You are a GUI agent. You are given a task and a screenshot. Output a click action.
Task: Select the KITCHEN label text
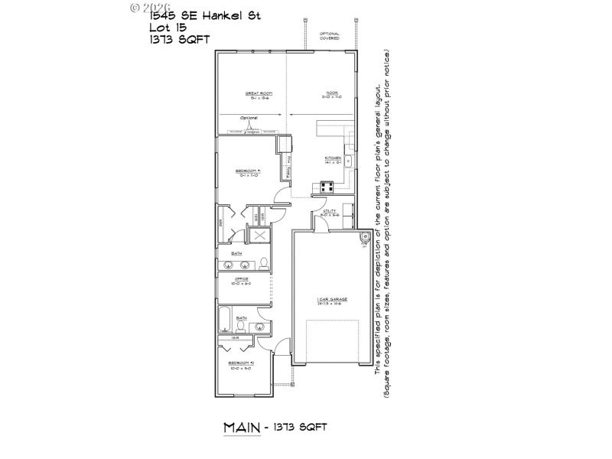pyautogui.click(x=332, y=159)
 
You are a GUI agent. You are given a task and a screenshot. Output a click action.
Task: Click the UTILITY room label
pyautogui.click(x=330, y=212)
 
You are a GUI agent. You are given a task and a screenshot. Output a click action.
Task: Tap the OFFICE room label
pyautogui.click(x=242, y=280)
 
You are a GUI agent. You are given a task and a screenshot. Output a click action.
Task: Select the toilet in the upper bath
pyautogui.click(x=264, y=264)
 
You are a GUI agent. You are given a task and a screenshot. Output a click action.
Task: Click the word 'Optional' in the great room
pyautogui.click(x=249, y=118)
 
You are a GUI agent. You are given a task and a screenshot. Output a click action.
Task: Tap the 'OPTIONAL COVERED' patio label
pyautogui.click(x=330, y=36)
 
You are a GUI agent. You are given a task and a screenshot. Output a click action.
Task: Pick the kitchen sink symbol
pyautogui.click(x=347, y=161)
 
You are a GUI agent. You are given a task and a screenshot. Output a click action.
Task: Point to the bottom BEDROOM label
pyautogui.click(x=242, y=364)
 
